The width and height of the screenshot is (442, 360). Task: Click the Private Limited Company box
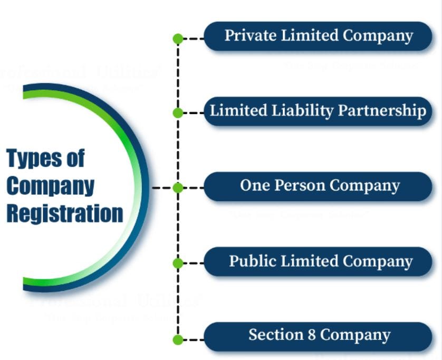click(x=318, y=36)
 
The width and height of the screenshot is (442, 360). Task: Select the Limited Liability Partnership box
click(x=318, y=111)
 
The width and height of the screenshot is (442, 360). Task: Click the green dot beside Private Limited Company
click(x=178, y=39)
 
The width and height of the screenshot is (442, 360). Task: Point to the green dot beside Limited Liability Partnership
click(x=178, y=112)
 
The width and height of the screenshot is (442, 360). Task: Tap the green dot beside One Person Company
click(x=178, y=188)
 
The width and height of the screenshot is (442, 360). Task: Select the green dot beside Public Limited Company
click(x=178, y=262)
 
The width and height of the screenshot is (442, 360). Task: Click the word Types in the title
click(x=31, y=158)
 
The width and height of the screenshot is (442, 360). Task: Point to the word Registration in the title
click(x=64, y=214)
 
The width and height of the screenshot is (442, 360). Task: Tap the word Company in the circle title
click(x=51, y=186)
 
